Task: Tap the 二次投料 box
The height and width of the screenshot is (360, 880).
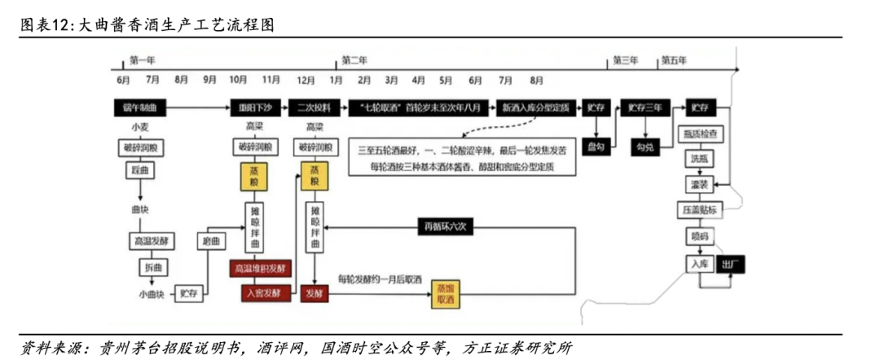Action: (x=314, y=107)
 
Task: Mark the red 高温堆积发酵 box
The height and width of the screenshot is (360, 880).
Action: (x=261, y=268)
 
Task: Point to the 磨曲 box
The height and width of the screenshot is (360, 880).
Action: (x=212, y=241)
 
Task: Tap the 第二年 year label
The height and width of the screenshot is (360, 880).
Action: (x=355, y=60)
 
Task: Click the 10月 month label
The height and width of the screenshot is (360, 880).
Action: (x=239, y=80)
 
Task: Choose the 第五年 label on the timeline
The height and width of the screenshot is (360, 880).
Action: (x=675, y=60)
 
